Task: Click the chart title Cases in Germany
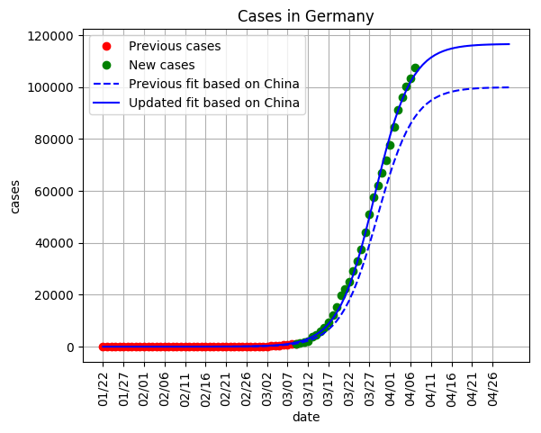coord(305,17)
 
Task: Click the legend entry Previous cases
coord(174,46)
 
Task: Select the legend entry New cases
coord(161,65)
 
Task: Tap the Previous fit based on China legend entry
coord(213,84)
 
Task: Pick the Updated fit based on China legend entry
coord(213,103)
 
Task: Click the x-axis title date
coord(305,418)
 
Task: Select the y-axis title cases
coord(15,194)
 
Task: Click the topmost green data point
coord(415,68)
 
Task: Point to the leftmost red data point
coord(104,347)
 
